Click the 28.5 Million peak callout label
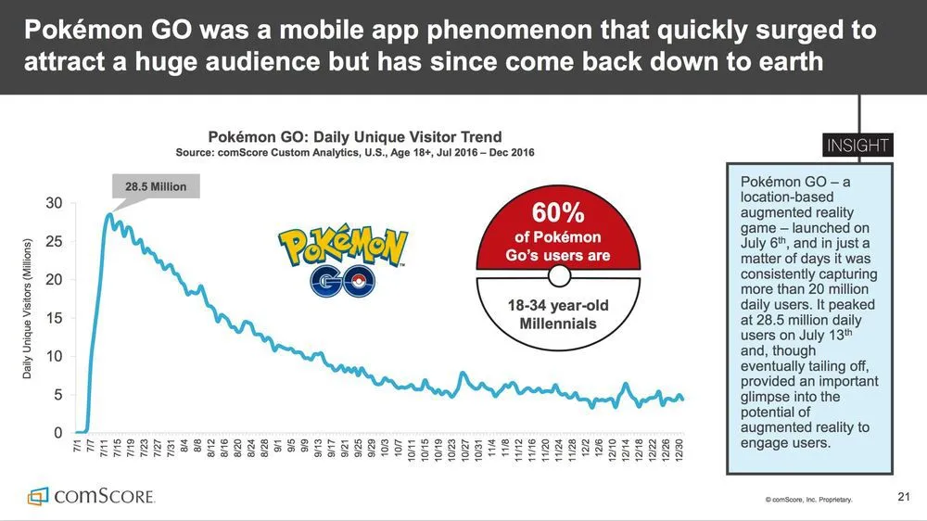pyautogui.click(x=156, y=186)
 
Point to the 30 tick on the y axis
pyautogui.click(x=56, y=203)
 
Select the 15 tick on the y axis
pyautogui.click(x=56, y=318)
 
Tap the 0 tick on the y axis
pyautogui.click(x=58, y=433)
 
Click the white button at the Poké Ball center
pyautogui.click(x=558, y=276)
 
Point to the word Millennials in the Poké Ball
pyautogui.click(x=558, y=324)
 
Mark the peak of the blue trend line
pyautogui.click(x=110, y=215)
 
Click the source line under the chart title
pyautogui.click(x=355, y=152)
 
